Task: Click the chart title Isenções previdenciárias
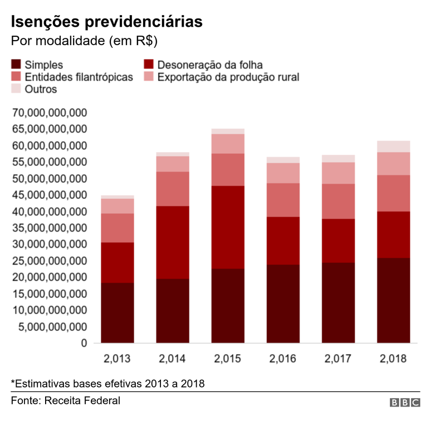click(x=106, y=22)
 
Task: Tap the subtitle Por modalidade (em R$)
click(x=84, y=42)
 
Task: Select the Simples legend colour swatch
click(x=16, y=65)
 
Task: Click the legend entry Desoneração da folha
click(x=210, y=65)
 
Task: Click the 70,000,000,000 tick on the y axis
click(x=50, y=113)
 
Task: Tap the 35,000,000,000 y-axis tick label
click(x=50, y=228)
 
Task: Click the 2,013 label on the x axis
click(x=117, y=359)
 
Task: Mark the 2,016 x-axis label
click(x=283, y=359)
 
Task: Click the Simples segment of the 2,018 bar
click(x=393, y=301)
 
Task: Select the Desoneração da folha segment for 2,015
click(x=228, y=227)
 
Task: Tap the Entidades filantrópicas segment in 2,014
click(x=173, y=189)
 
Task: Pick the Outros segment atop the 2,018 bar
click(x=393, y=146)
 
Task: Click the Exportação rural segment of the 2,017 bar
click(x=338, y=173)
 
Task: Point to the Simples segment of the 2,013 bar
click(x=117, y=313)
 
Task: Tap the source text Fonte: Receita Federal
click(x=66, y=400)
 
